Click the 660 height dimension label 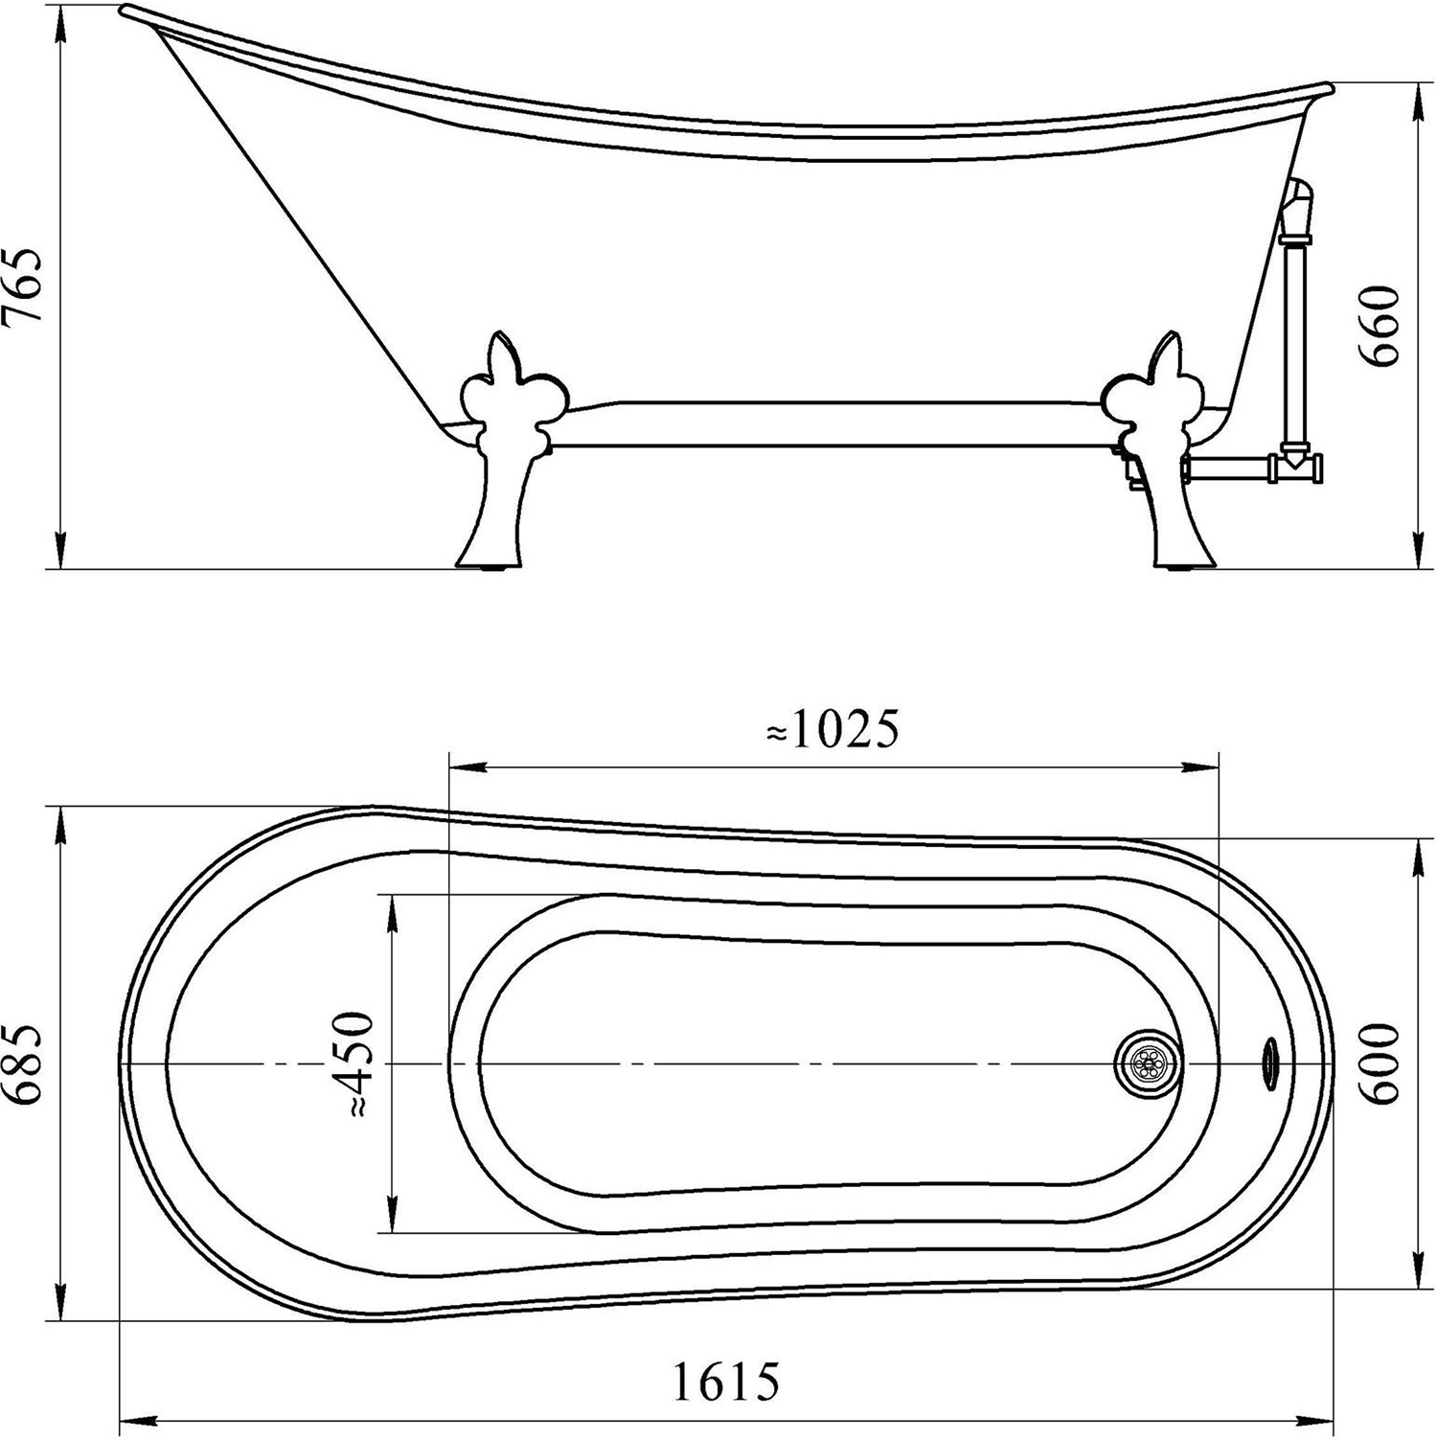click(1381, 326)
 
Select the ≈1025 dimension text click(833, 731)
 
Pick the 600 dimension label click(1381, 1063)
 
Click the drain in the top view click(1149, 1063)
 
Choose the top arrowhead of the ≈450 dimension click(390, 913)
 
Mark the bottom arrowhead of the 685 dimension click(62, 1302)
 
